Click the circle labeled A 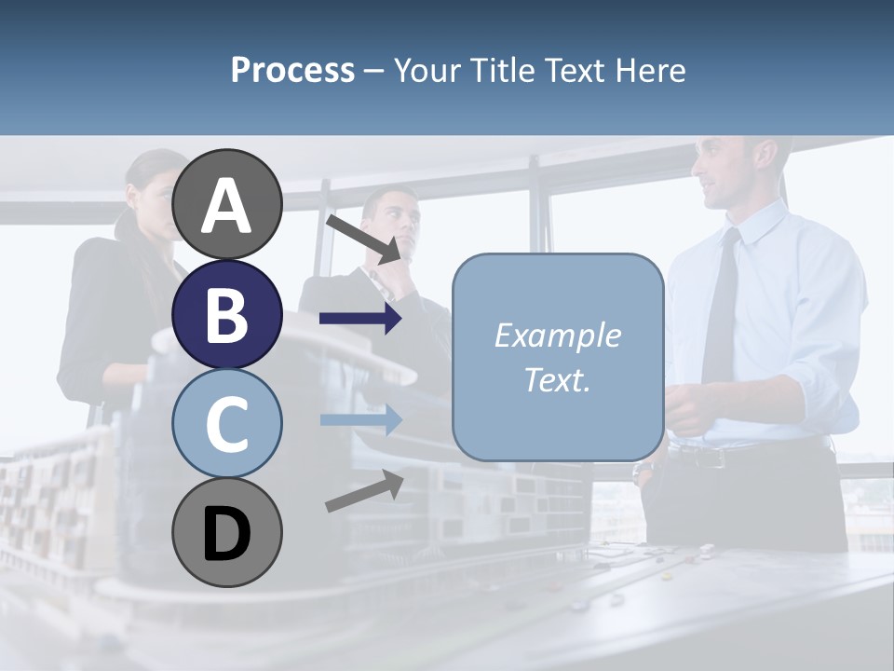click(x=227, y=204)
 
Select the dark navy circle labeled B click(x=227, y=314)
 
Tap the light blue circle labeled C click(x=227, y=423)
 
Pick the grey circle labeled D click(x=227, y=533)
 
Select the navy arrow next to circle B click(x=360, y=319)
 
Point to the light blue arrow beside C click(x=360, y=419)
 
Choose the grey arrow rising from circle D click(x=364, y=490)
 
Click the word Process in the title click(x=292, y=70)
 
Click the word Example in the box click(x=557, y=335)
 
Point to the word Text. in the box click(x=557, y=379)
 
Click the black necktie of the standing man click(x=721, y=308)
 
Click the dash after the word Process click(x=373, y=72)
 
